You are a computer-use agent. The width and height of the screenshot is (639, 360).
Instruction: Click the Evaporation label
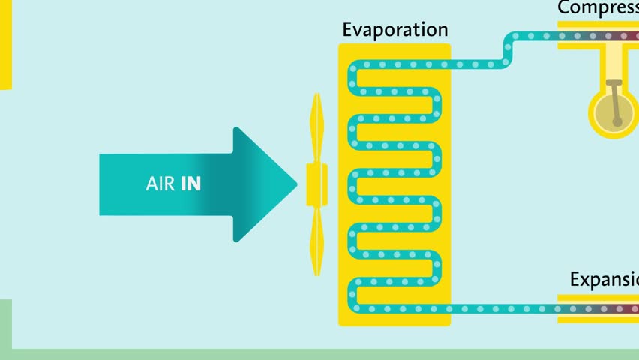coord(394,30)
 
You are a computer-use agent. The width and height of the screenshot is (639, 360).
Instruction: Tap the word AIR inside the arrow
coord(161,184)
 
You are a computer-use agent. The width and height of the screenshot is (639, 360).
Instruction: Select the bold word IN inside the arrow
coord(190,184)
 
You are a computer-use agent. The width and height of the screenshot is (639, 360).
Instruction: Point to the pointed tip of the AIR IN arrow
coord(295,184)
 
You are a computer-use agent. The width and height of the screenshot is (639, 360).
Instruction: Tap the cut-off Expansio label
coord(604,280)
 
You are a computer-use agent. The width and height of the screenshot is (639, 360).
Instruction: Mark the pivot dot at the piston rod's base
coord(616,121)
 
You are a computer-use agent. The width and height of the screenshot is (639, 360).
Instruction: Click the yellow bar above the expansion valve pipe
coord(598,298)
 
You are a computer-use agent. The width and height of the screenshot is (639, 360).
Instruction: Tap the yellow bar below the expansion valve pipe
coord(598,319)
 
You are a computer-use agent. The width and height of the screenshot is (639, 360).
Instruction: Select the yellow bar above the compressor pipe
coord(598,25)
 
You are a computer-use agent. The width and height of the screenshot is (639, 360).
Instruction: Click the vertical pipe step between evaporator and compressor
coord(508,50)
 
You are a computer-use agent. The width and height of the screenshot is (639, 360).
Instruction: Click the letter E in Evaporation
coord(348,30)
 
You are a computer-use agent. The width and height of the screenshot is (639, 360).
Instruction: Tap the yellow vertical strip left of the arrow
coord(5,45)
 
